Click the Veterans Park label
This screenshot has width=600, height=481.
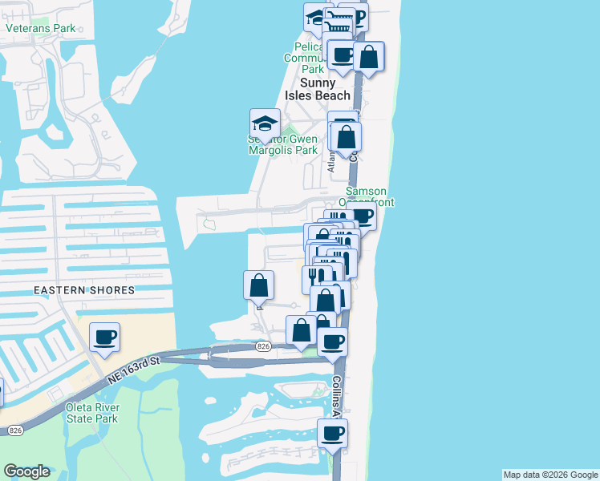coord(40,28)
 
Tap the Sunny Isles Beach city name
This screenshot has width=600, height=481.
coord(325,89)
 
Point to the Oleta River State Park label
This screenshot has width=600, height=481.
coord(91,413)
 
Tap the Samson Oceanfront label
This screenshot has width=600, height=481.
coord(370,197)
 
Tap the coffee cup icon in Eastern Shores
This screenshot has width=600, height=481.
coord(103,337)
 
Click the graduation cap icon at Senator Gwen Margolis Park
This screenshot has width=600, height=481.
coord(265,123)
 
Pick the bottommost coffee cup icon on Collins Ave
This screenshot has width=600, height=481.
coord(332,434)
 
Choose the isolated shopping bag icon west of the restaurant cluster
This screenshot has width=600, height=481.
coord(259,285)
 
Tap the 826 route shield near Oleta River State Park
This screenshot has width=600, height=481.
coord(14,430)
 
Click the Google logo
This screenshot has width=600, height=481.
coord(26,471)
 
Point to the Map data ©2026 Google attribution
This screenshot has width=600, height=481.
coord(550,475)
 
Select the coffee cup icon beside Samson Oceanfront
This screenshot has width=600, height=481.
coord(363,215)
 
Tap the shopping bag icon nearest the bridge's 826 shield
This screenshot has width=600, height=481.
coord(301,330)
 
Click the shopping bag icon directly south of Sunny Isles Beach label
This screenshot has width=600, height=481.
coord(347,136)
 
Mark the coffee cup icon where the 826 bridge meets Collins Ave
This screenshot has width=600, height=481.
coord(332,342)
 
